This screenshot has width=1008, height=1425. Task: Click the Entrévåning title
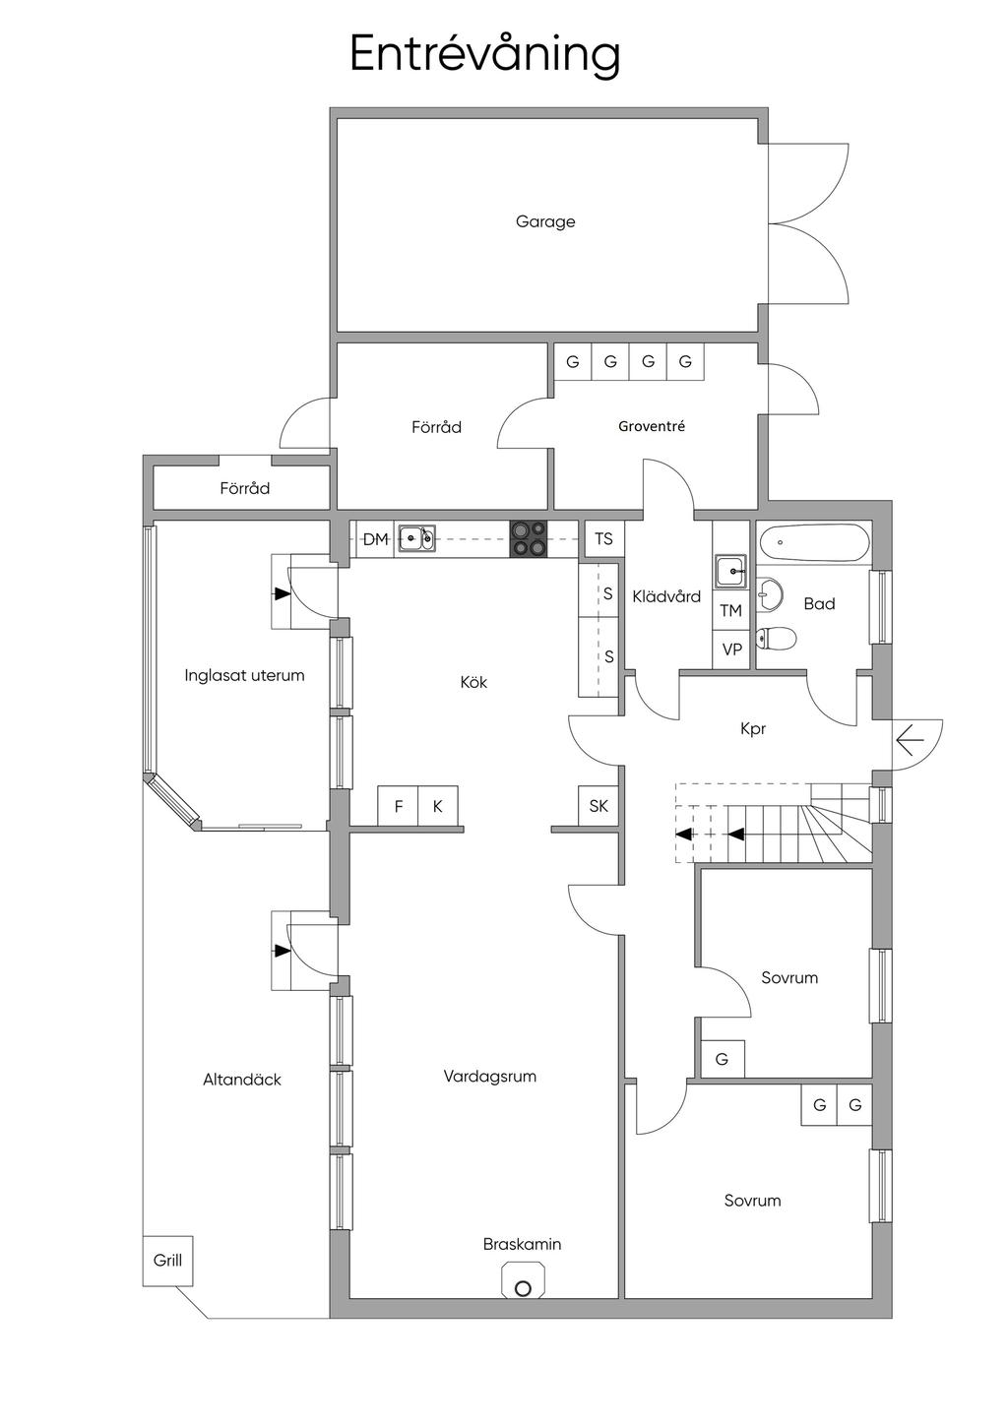[x=484, y=56]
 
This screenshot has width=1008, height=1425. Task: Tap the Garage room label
[x=545, y=222]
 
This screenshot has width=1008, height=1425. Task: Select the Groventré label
[x=652, y=426]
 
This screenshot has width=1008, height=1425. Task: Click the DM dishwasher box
[x=375, y=539]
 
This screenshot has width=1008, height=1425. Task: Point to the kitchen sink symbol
[x=416, y=539]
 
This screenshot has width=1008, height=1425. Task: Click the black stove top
[x=529, y=539]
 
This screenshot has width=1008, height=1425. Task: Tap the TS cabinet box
[x=603, y=539]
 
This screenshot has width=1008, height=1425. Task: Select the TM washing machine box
[x=730, y=611]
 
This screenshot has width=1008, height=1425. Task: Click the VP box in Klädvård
[x=731, y=650]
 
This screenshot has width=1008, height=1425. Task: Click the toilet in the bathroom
[x=775, y=638]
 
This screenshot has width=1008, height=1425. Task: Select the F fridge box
[x=399, y=806]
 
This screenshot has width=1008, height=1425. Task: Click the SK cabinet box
[x=598, y=806]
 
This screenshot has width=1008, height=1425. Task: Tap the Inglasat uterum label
[x=244, y=675]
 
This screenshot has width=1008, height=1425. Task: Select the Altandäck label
[x=242, y=1080]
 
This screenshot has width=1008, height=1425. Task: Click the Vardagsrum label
[x=490, y=1077]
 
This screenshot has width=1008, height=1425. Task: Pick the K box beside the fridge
[x=438, y=806]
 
